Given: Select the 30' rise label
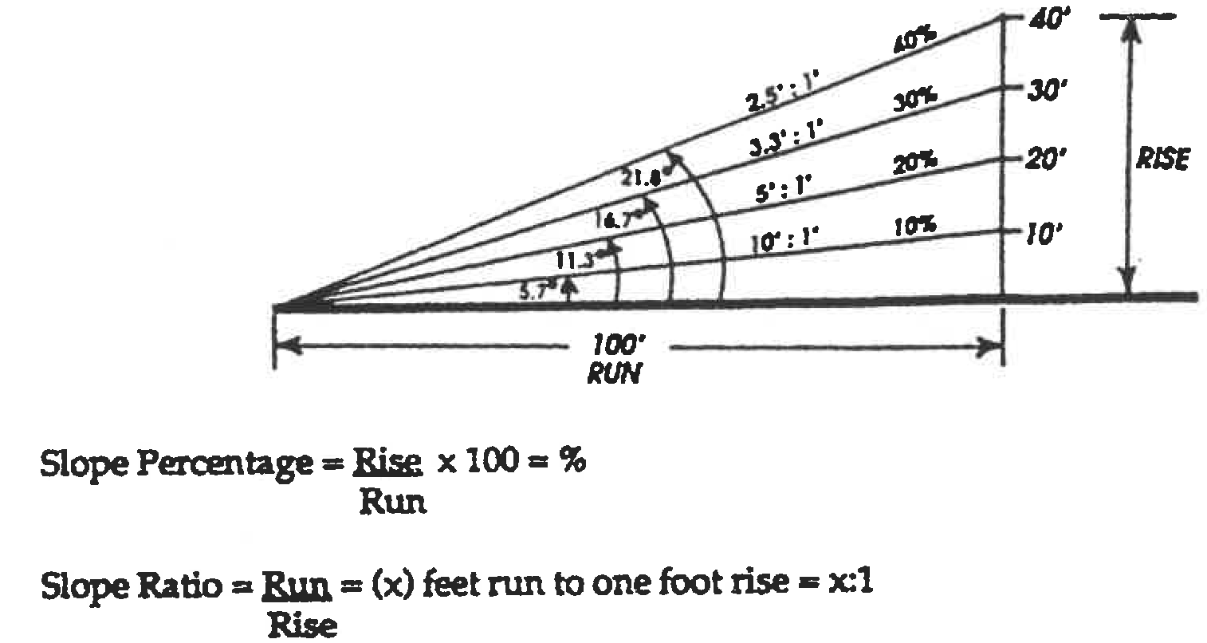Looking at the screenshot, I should coord(1043,92).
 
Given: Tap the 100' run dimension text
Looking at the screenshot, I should coord(619,345).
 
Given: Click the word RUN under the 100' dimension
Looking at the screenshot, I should coord(614,374).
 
